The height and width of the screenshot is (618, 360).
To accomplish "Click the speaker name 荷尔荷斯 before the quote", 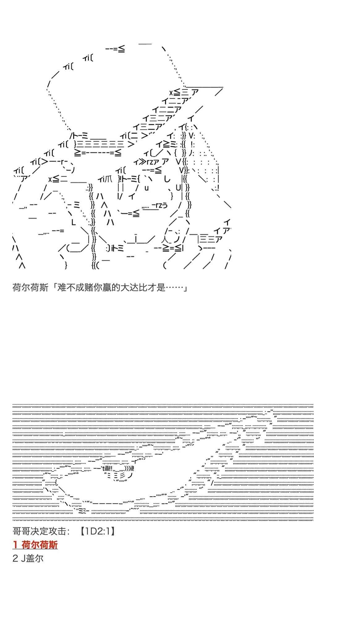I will pyautogui.click(x=30, y=288).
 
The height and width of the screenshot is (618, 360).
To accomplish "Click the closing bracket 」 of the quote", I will pyautogui.click(x=185, y=288).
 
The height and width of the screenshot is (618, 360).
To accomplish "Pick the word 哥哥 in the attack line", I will pyautogui.click(x=21, y=531).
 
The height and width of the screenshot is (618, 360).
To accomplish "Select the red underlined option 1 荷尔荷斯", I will pyautogui.click(x=35, y=545).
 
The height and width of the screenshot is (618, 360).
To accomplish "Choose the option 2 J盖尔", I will pyautogui.click(x=28, y=558).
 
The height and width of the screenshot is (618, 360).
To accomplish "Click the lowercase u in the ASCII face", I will pyautogui.click(x=146, y=188).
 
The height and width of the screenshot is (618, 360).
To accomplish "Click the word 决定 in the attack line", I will pyautogui.click(x=39, y=531).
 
